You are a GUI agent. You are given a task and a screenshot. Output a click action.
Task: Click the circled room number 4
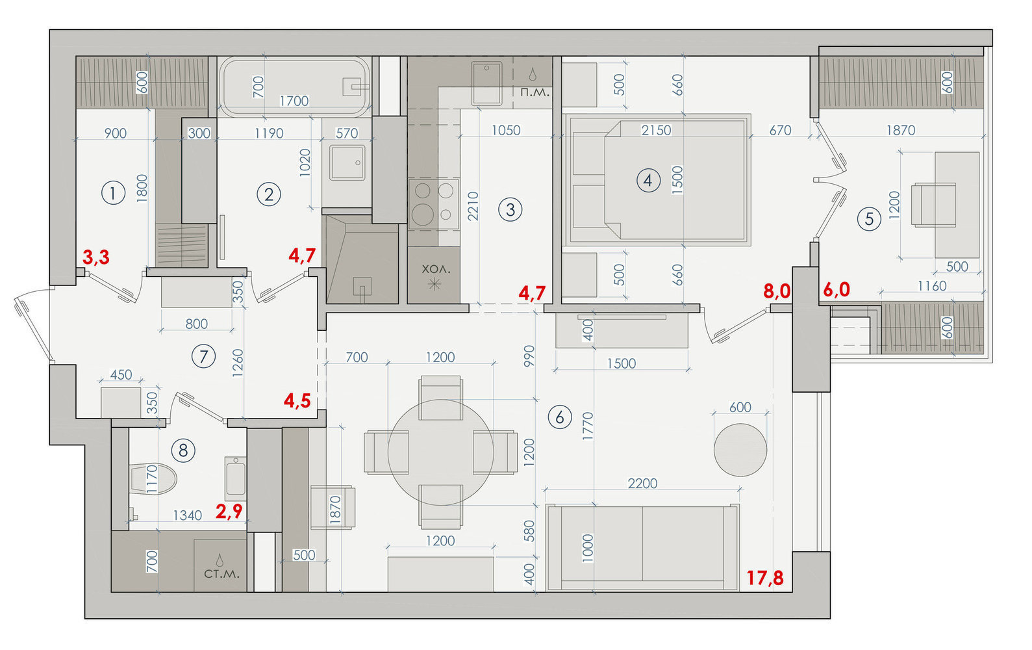[648, 180]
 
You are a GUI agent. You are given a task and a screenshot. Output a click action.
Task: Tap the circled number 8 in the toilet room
[183, 450]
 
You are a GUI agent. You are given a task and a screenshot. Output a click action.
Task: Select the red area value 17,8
[765, 578]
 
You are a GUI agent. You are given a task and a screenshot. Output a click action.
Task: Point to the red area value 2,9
[229, 511]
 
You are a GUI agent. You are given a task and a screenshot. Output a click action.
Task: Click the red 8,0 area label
[777, 291]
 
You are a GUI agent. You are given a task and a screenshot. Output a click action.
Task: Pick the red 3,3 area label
[96, 257]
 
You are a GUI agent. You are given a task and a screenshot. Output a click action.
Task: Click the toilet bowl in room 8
[153, 479]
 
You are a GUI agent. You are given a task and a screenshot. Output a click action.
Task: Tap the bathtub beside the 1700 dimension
[294, 86]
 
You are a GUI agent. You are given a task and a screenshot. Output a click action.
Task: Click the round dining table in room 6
[440, 452]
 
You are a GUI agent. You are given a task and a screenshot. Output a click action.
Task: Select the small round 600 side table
[740, 450]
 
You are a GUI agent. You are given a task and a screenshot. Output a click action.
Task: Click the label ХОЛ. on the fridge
[436, 269]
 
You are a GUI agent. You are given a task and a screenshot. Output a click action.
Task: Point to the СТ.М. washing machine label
[221, 574]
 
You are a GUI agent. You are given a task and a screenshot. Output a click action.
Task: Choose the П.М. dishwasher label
[535, 92]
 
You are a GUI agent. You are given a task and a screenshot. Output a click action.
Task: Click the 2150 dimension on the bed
[656, 130]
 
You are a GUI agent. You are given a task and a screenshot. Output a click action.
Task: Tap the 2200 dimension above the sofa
[642, 483]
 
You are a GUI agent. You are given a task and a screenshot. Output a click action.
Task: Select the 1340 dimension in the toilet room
[188, 515]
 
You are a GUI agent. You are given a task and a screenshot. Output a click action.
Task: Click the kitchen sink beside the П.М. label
[486, 83]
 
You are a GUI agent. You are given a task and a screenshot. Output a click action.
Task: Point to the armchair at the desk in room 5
[933, 205]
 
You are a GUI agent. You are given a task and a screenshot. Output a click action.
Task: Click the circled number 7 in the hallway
[203, 356]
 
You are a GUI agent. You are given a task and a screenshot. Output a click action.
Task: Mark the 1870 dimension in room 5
[901, 130]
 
